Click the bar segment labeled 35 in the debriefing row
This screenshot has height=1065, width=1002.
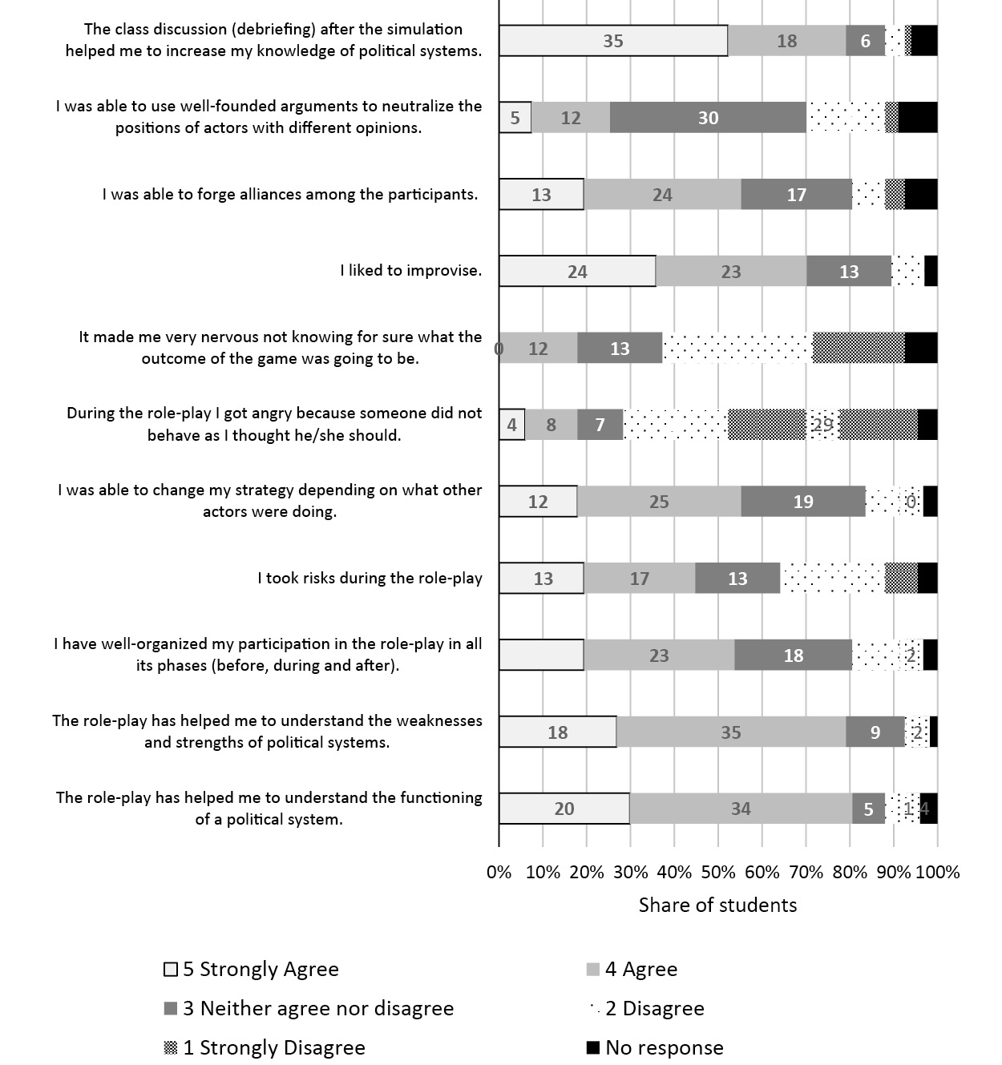tap(613, 41)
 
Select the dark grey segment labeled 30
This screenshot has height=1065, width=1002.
tap(708, 118)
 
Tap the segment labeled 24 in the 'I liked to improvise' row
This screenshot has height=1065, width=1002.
tap(577, 272)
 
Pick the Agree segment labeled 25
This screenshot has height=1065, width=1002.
tap(659, 502)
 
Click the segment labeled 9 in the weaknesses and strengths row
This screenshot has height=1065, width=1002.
tap(875, 732)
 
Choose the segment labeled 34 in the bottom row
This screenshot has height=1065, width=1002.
tap(741, 809)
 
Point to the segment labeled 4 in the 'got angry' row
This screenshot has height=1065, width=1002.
tap(512, 425)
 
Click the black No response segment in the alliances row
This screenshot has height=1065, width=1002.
tap(921, 195)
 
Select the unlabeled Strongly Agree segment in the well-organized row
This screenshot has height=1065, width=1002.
tap(541, 656)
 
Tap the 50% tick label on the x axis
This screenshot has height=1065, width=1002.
tap(718, 872)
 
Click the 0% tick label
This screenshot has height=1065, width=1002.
tap(499, 872)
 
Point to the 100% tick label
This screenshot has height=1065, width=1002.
tap(937, 872)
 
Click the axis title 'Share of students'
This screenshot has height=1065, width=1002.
tap(717, 906)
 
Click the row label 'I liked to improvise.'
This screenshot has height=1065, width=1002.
tap(410, 271)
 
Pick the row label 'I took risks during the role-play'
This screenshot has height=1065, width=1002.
tap(370, 578)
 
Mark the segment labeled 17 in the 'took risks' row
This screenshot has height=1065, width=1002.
tap(639, 579)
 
